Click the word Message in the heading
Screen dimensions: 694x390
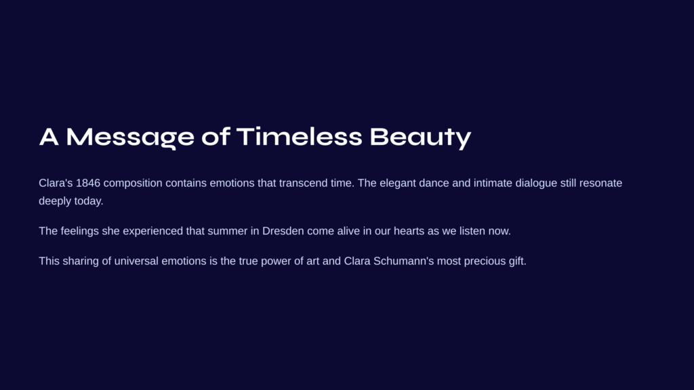[130, 137]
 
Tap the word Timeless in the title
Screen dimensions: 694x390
[299, 137]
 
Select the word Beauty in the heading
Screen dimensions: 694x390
[420, 137]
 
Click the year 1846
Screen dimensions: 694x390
[88, 183]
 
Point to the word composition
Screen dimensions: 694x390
[133, 183]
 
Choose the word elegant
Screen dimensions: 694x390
[397, 183]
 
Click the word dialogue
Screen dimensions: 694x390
[536, 183]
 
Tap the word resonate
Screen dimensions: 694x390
[600, 183]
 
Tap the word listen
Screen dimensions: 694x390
[472, 231]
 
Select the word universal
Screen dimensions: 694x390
[136, 261]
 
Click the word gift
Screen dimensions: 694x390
[517, 261]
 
